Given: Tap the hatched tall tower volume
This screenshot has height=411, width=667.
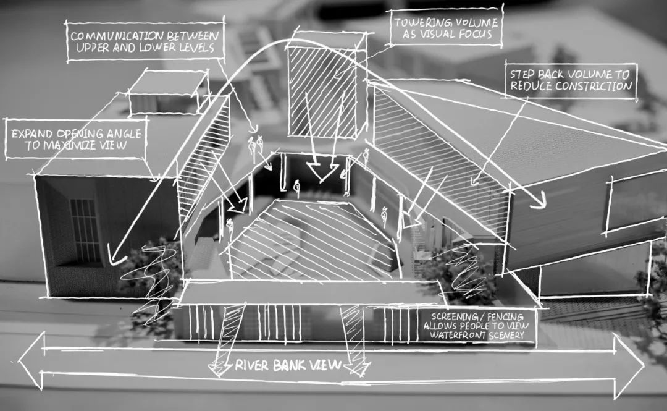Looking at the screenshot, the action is (x=322, y=90).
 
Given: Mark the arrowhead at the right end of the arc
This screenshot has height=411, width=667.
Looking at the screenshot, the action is (x=539, y=201).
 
